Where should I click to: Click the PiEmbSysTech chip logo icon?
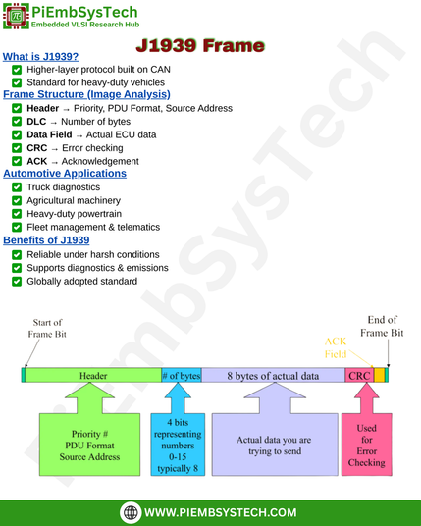[16, 16]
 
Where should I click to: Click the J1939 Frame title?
[200, 45]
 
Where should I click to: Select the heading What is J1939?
[40, 56]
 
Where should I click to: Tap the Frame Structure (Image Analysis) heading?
[86, 94]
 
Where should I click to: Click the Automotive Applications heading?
[65, 173]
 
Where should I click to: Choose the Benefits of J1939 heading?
[46, 240]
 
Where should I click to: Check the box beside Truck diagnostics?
[17, 187]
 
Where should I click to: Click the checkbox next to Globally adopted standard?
[17, 281]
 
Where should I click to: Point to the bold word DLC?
[36, 122]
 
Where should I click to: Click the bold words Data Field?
[49, 134]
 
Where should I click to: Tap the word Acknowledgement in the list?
[100, 161]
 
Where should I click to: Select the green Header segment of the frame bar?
[93, 376]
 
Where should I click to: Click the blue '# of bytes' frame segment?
[182, 376]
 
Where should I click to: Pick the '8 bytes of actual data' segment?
[273, 376]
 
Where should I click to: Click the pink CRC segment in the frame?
[359, 376]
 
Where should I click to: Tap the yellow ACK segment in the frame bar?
[379, 376]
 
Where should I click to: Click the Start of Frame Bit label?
[47, 328]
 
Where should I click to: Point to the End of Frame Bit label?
[382, 326]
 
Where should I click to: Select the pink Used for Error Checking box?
[367, 445]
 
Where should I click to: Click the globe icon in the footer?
[131, 512]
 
